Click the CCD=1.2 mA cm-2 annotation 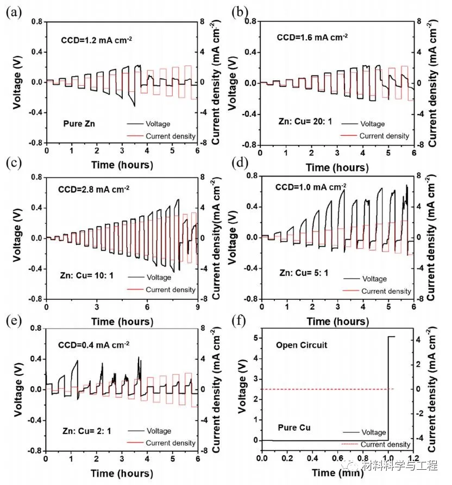[x=93, y=40]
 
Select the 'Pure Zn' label [x=76, y=124]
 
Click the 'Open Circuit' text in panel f [x=302, y=345]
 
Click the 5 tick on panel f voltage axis [x=254, y=338]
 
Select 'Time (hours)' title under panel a [x=122, y=164]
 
